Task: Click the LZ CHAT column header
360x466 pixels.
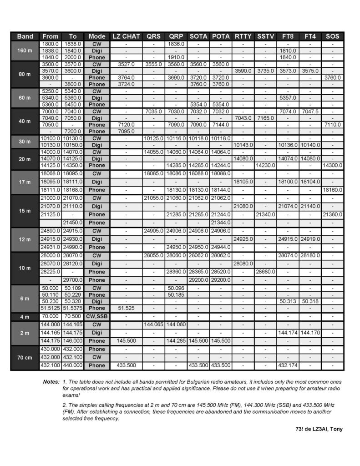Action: point(126,36)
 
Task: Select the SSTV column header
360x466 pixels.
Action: point(265,36)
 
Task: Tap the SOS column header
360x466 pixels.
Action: point(333,36)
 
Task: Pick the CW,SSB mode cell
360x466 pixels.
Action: point(96,316)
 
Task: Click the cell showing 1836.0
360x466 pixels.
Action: point(176,44)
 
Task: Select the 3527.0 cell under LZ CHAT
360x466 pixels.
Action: point(126,64)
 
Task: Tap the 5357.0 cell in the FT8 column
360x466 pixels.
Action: point(288,97)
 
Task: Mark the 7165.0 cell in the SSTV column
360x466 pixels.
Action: point(265,118)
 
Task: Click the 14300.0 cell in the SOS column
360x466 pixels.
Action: point(333,165)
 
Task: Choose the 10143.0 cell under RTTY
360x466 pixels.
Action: point(243,145)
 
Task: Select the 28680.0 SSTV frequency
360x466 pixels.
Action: point(265,272)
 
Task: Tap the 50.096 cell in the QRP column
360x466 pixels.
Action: point(176,288)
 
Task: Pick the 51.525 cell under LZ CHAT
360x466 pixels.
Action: point(126,308)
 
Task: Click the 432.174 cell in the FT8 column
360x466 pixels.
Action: point(288,365)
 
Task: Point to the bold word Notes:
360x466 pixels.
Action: point(51,381)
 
